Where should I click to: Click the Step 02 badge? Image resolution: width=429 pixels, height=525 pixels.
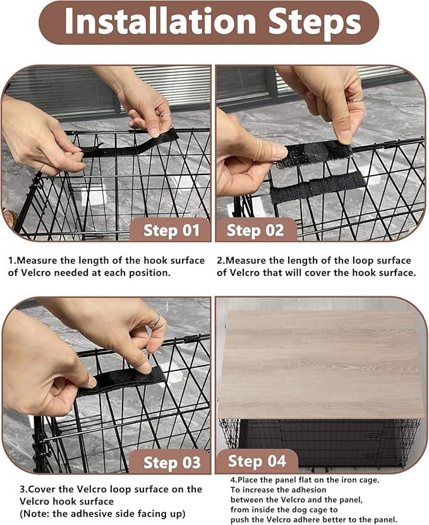(255, 230)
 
